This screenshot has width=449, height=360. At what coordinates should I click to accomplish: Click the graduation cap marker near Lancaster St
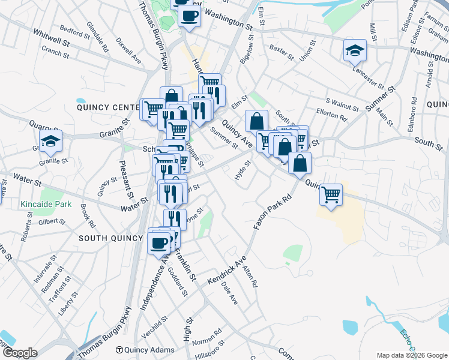(x=355, y=51)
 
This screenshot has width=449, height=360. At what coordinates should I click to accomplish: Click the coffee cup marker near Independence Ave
(x=160, y=242)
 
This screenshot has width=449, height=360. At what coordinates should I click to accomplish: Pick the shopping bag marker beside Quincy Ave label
(x=256, y=121)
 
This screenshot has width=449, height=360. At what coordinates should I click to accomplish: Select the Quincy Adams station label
(x=145, y=350)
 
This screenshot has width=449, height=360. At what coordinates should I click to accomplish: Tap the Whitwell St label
(x=52, y=37)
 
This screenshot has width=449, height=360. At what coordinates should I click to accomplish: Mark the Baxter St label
(x=281, y=52)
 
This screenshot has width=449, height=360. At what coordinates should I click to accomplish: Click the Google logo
(x=19, y=352)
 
